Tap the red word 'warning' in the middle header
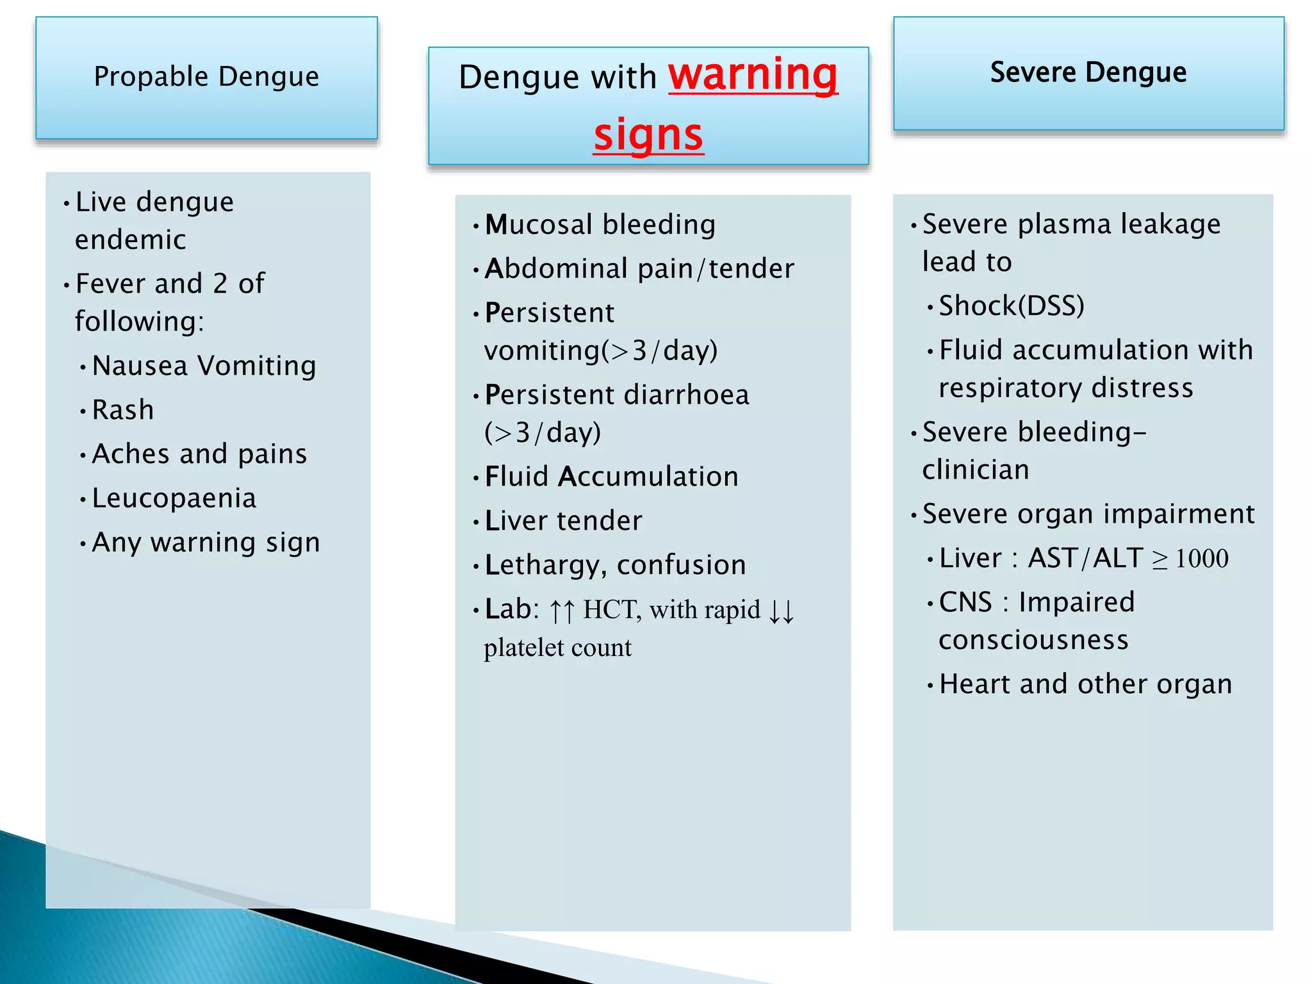click(753, 75)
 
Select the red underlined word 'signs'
click(648, 135)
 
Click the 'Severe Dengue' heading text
click(1088, 72)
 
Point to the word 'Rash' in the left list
click(123, 410)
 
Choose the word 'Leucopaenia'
click(174, 498)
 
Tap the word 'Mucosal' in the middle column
click(539, 225)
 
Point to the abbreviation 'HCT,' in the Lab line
click(612, 610)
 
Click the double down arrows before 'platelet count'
click(782, 611)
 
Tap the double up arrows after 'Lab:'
click(562, 611)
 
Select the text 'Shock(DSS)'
click(1012, 306)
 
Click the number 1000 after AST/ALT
click(1202, 559)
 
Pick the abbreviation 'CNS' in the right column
click(965, 602)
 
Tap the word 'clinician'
click(976, 470)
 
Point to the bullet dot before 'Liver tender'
click(476, 523)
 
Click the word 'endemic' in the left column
click(131, 240)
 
